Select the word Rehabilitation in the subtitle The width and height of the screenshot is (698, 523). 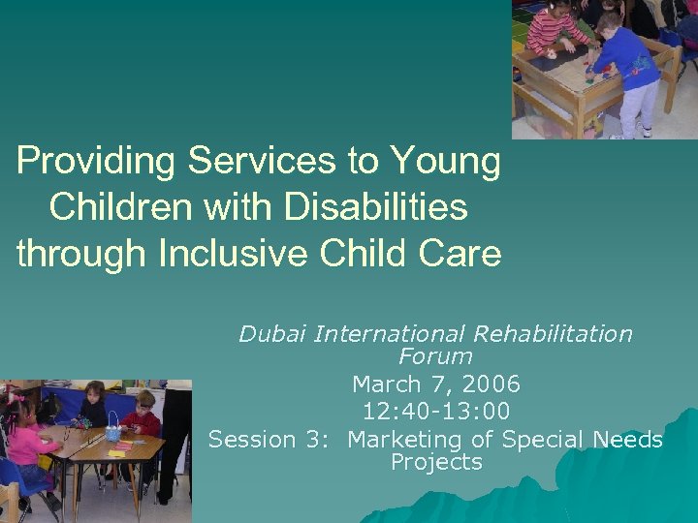point(554,335)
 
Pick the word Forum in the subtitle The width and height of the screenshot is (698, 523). point(435,356)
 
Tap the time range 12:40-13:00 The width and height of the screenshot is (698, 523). point(436,412)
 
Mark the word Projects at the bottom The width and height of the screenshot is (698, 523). point(436,462)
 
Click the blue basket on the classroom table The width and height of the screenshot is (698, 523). point(114,426)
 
